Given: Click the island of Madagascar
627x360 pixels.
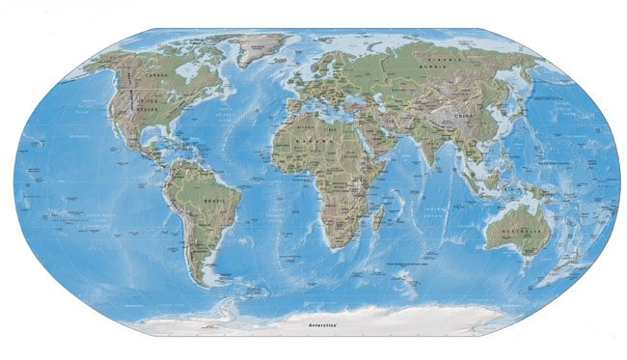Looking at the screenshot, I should click(x=383, y=217).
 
